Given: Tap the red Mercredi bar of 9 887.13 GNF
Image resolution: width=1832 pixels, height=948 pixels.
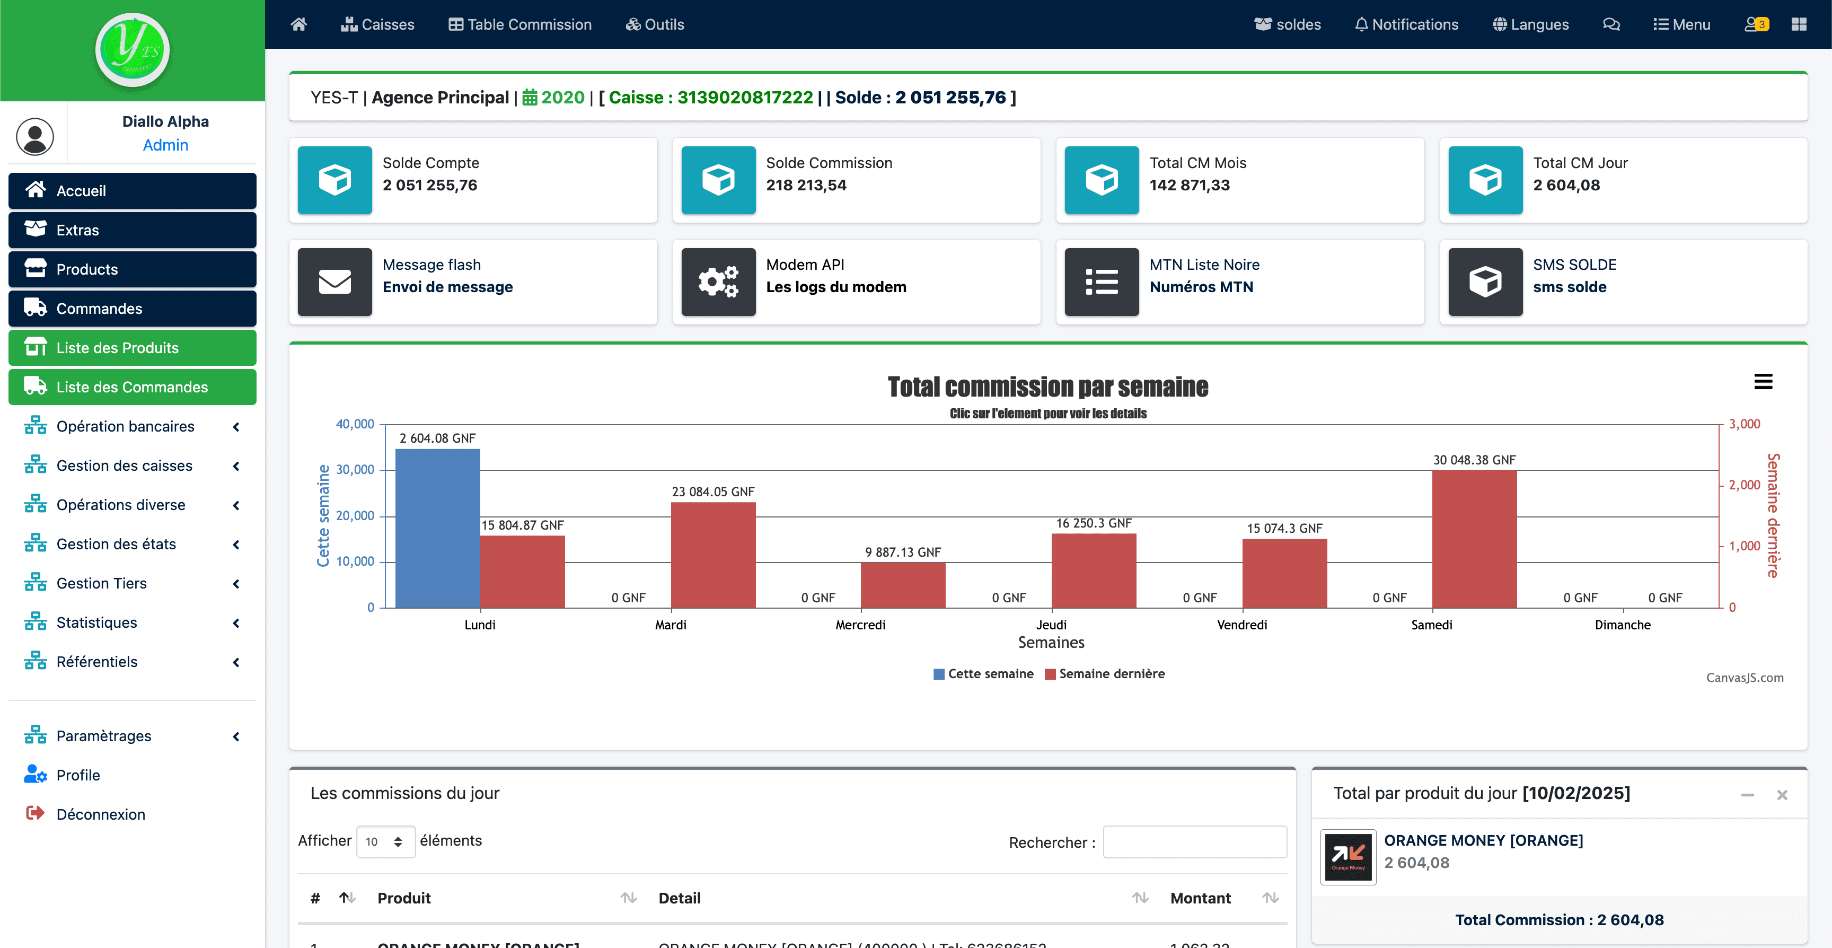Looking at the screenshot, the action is point(903,585).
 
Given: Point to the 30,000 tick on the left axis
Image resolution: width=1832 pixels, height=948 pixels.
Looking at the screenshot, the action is point(355,469).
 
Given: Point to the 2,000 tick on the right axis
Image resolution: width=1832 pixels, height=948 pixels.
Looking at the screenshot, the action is point(1744,485).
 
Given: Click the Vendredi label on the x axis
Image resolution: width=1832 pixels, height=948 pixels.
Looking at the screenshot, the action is point(1241,625).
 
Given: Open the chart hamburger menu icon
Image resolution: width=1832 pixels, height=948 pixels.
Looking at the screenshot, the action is point(1763,382).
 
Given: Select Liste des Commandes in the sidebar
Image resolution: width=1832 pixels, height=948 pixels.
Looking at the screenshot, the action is point(133,387).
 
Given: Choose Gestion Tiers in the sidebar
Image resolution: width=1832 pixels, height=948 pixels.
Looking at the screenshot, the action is point(102,583).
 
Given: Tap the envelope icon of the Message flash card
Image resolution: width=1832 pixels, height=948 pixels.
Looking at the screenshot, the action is point(334,282).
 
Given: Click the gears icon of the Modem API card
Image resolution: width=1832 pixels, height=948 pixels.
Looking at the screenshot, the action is point(718,282).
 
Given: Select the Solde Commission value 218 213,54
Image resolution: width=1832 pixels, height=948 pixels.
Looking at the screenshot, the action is point(806,185).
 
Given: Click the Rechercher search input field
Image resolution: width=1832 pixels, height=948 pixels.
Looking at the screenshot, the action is point(1194,842).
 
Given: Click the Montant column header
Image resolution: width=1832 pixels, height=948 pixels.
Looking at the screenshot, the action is point(1201,898).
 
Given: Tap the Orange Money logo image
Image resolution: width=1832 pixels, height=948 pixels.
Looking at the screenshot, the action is point(1347,857).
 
